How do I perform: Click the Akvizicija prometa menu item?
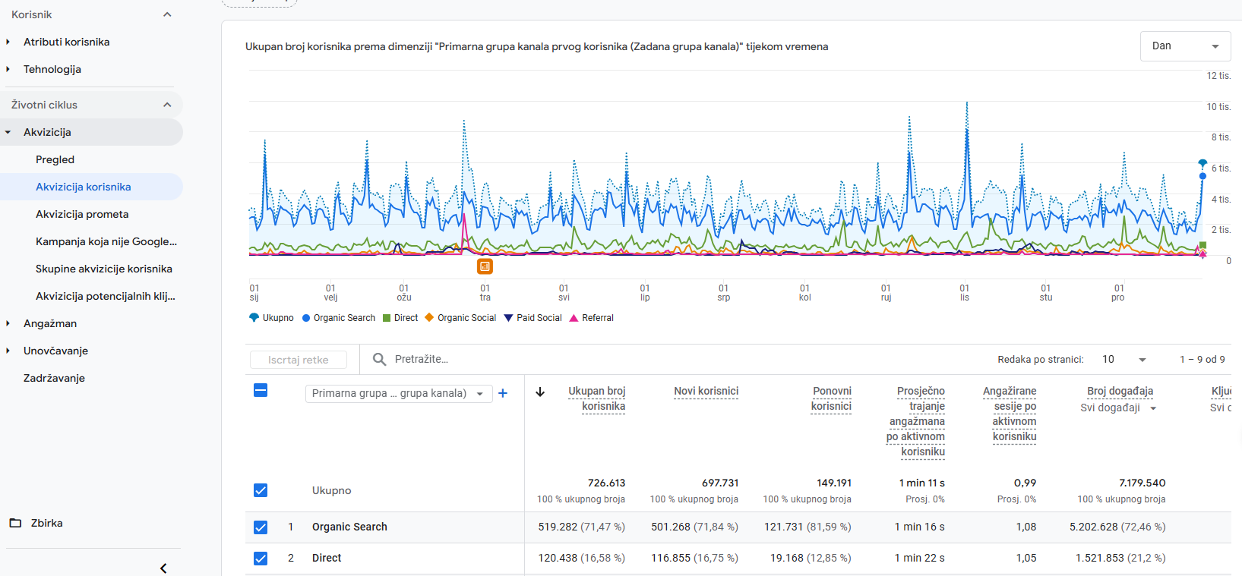coord(82,214)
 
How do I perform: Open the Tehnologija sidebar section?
coord(52,69)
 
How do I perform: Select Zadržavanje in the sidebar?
coord(54,378)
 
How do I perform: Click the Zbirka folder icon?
coord(15,523)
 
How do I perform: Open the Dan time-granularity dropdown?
coord(1185,46)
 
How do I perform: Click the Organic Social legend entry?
coord(460,318)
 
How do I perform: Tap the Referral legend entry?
coord(592,318)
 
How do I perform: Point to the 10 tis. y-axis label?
coord(1218,106)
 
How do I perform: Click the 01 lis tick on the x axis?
coord(965,292)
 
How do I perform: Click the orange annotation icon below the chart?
coord(485,266)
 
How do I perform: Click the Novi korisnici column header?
coord(706,391)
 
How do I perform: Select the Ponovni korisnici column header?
coord(831,398)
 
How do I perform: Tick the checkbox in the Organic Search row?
coord(261,527)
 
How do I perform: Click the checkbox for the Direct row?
coord(261,558)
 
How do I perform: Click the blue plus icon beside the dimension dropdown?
coord(503,393)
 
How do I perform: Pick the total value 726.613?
coord(607,483)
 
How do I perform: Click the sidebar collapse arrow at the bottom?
coord(163,568)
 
